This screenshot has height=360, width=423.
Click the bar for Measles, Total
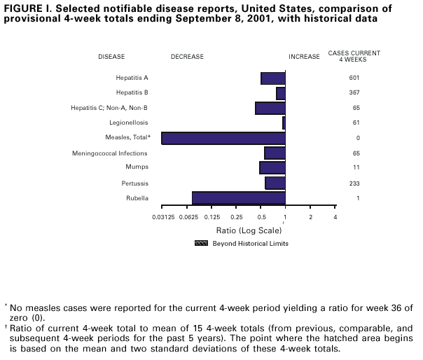(223, 138)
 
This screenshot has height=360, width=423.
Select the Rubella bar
(238, 198)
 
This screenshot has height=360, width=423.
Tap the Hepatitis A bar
(272, 78)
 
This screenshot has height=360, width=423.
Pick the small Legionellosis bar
(284, 123)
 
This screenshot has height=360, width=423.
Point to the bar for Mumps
(272, 168)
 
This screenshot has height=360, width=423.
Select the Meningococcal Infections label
(110, 153)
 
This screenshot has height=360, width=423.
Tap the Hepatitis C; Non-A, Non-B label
(109, 108)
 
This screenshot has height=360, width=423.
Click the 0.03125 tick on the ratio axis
(162, 218)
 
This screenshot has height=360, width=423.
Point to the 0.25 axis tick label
(236, 218)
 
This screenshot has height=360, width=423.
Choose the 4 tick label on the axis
(335, 218)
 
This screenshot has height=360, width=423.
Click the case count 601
(354, 78)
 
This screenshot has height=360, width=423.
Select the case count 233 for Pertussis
(354, 184)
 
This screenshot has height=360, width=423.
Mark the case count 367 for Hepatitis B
(354, 92)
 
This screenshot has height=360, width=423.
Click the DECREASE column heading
(188, 57)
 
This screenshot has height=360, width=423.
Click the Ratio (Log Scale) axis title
(240, 230)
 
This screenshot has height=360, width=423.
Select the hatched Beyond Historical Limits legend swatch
(201, 244)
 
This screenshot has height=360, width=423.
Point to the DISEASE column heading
(112, 57)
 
